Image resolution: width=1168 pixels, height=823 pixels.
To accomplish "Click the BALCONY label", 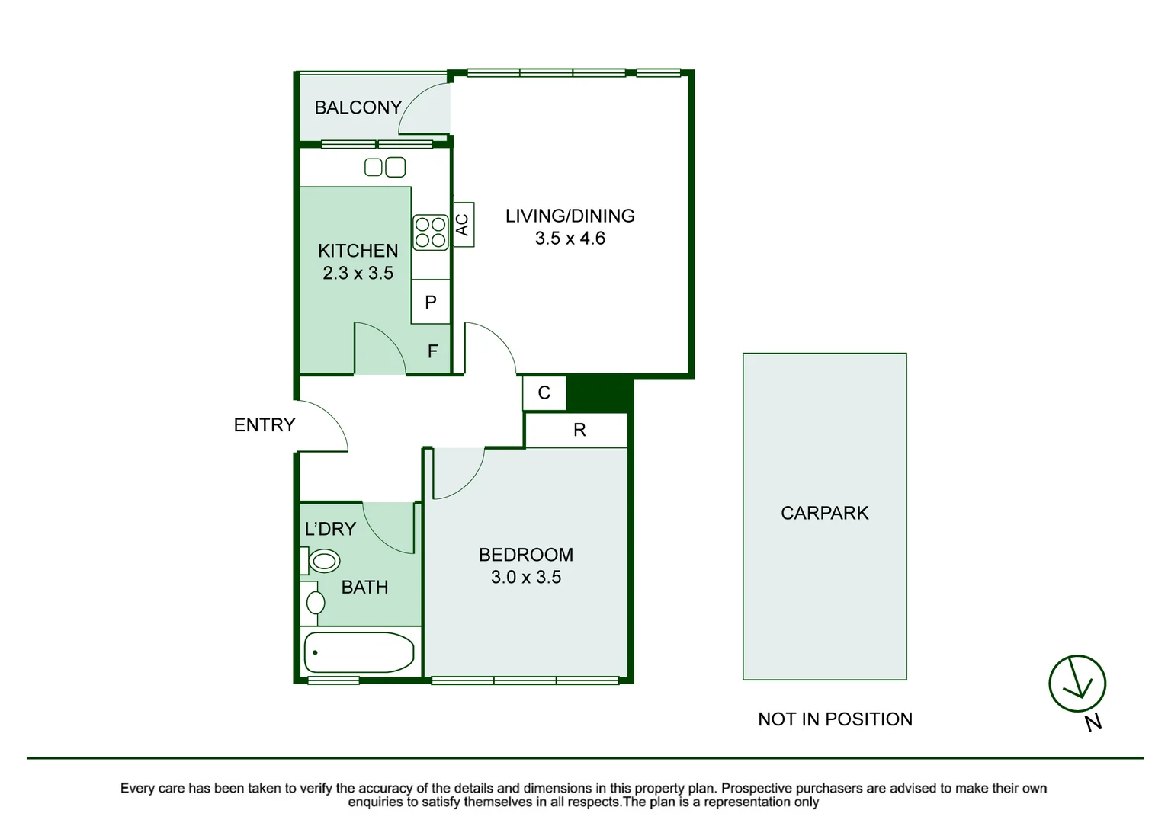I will coord(358,107).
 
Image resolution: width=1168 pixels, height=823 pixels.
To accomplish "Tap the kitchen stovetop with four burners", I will coord(430,232).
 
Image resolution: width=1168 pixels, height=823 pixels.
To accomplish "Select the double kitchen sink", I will coord(385,167).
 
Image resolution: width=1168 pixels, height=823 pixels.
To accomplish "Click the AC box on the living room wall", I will coord(463,224).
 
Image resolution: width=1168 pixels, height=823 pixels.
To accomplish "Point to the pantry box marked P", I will coord(430,302).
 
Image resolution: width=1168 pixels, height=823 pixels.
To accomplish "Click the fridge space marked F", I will coord(432,351).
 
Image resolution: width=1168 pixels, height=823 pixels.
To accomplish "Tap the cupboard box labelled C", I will coord(544,393).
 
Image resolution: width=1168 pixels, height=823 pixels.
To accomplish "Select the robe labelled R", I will coord(579,431).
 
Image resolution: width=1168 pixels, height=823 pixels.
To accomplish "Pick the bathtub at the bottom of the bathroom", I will coord(359,652).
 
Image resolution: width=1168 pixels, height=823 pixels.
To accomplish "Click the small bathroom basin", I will coord(314,603).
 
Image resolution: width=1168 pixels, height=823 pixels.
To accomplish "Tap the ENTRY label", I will coord(264,425).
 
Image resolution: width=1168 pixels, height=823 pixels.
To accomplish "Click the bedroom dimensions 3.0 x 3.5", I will coord(525,578).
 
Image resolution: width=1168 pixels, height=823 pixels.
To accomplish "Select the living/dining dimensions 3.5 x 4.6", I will coord(570,239).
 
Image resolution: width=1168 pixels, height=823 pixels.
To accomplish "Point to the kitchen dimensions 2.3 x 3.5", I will coord(358,273).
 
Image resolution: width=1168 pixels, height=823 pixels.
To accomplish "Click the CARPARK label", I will coord(824,513).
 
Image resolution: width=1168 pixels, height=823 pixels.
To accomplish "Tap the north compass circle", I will coord(1077,684).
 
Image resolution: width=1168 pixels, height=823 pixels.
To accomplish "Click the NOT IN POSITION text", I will coord(835,719).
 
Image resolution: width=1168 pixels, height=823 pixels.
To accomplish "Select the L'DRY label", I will coord(330,529).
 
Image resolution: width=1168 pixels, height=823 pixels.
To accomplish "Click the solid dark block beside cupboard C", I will coord(599,393).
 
